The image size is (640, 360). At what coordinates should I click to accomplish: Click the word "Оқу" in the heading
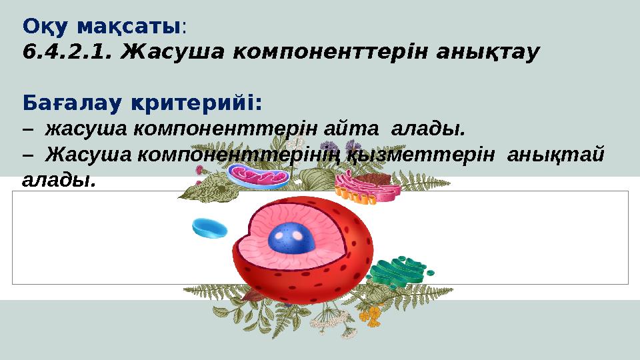pyautogui.click(x=46, y=27)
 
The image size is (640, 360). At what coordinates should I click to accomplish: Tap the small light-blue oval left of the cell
pyautogui.click(x=209, y=228)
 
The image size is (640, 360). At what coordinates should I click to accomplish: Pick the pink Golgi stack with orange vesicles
pyautogui.click(x=367, y=185)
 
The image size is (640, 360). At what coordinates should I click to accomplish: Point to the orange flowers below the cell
pyautogui.click(x=375, y=313)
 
